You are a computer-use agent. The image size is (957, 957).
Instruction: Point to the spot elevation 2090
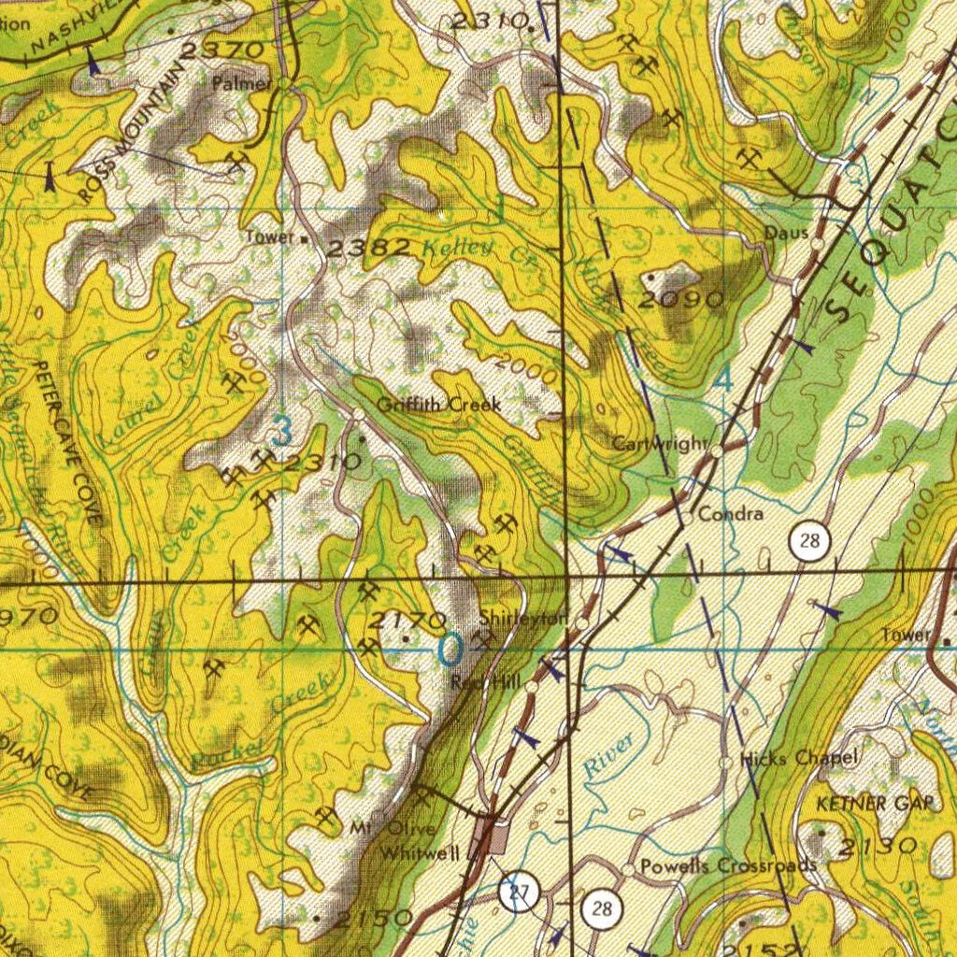pos(682,300)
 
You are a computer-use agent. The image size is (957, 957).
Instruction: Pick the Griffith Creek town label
pos(438,405)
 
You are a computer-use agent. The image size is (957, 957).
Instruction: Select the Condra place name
pos(731,514)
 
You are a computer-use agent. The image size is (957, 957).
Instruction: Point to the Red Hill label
pos(485,683)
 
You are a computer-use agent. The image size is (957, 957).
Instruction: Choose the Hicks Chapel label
pos(798,759)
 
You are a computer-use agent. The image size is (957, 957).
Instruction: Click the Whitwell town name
pos(420,853)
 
